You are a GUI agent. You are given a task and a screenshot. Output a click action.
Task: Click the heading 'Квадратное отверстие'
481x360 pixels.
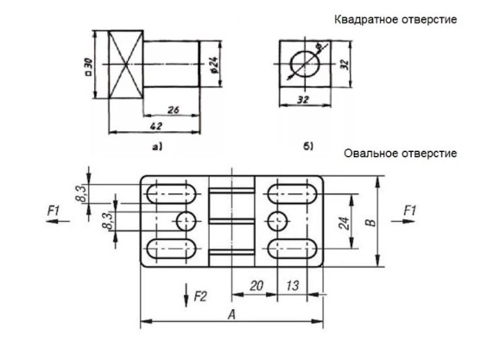click(396, 20)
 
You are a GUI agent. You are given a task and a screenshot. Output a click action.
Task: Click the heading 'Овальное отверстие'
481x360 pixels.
click(401, 153)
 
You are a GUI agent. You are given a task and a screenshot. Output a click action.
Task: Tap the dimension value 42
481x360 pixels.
click(156, 126)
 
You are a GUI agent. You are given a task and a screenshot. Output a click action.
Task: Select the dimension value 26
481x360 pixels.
click(174, 110)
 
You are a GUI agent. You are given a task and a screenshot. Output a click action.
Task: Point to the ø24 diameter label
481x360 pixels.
click(214, 65)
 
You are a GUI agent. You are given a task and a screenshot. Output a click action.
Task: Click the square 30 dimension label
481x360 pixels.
click(88, 66)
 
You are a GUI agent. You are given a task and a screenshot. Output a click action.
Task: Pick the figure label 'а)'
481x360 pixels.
click(157, 147)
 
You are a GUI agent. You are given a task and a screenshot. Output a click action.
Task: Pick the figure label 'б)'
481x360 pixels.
click(308, 147)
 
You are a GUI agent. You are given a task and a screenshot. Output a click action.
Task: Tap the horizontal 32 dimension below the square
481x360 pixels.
click(303, 99)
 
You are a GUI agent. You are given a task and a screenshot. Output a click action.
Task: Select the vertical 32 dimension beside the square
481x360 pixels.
click(345, 64)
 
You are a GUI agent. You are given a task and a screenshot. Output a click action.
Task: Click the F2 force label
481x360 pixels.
click(200, 296)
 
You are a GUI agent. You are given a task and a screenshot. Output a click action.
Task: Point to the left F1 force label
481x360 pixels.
click(54, 211)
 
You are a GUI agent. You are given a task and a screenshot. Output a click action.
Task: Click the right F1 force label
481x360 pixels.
click(410, 211)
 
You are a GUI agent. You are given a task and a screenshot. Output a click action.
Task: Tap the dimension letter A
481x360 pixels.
click(232, 314)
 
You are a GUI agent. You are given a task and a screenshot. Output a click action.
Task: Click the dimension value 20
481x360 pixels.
click(256, 286)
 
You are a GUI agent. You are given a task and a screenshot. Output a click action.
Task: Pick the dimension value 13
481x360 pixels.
click(293, 286)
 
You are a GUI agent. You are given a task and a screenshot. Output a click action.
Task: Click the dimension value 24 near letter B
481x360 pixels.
click(344, 224)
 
